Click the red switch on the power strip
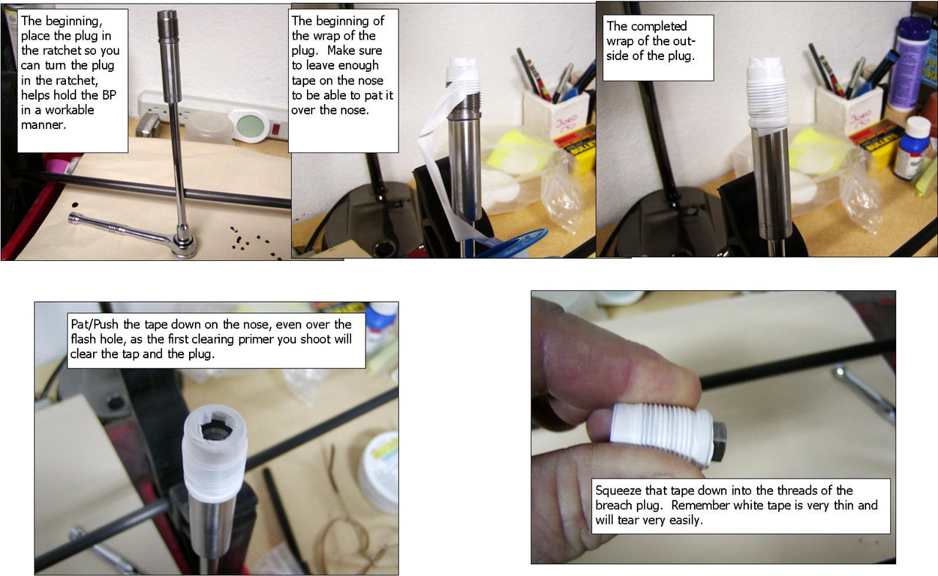[x=276, y=129]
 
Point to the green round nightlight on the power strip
[x=251, y=125]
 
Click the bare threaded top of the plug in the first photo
[x=169, y=25]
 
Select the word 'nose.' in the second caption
[x=355, y=110]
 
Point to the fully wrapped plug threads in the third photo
[x=767, y=97]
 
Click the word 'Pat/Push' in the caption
[x=95, y=325]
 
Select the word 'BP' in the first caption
[x=109, y=95]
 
